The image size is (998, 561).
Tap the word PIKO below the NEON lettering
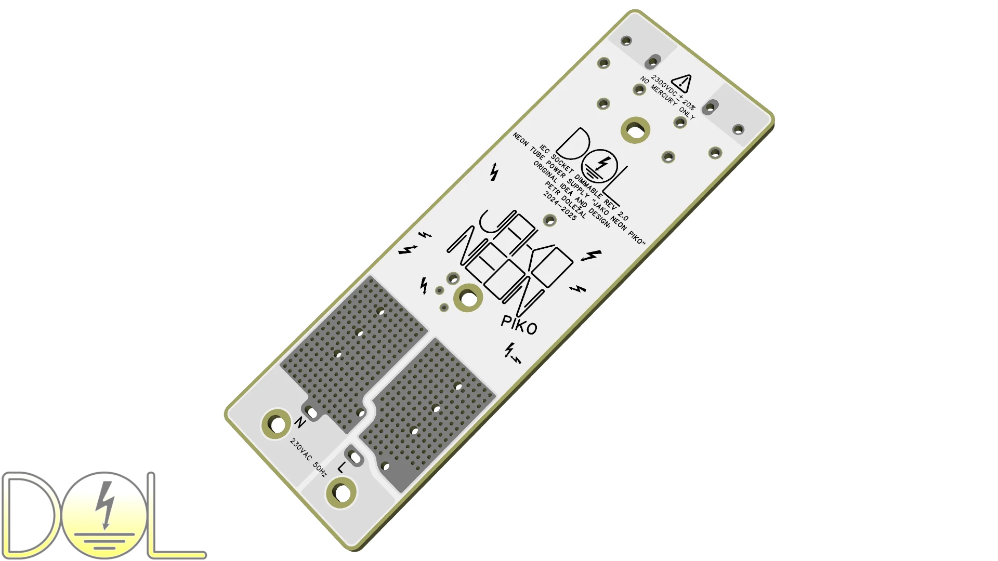(519, 325)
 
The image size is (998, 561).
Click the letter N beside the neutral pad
(300, 422)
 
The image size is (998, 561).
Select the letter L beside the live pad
(340, 468)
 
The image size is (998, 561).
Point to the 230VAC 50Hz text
(308, 458)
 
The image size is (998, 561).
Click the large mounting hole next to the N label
(277, 424)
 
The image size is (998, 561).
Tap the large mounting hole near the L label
(341, 493)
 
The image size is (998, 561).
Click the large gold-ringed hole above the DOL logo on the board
(635, 130)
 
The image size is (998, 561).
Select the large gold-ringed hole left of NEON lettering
(468, 298)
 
